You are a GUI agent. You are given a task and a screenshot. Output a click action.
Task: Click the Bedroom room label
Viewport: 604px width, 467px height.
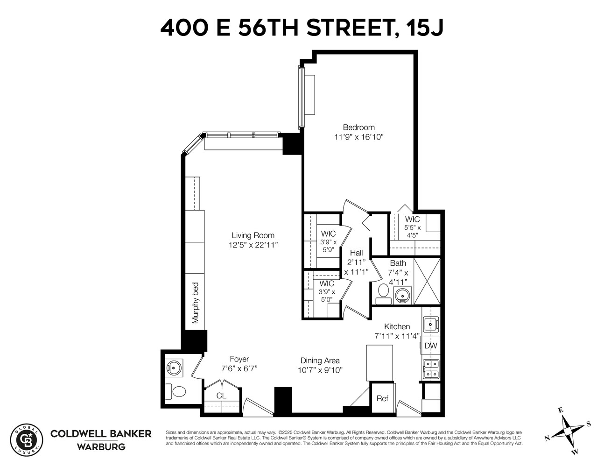[x=358, y=127]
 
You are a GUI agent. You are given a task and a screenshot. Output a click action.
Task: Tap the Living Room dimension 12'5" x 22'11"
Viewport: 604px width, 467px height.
[x=253, y=245]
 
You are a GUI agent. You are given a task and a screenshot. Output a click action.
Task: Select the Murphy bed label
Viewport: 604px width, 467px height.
[x=196, y=303]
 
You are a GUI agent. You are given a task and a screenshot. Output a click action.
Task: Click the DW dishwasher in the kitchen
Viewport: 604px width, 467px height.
[x=430, y=346]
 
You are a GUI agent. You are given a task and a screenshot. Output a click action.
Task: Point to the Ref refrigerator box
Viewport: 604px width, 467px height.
[x=382, y=398]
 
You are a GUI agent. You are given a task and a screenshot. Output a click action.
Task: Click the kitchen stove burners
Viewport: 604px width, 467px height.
[x=430, y=369]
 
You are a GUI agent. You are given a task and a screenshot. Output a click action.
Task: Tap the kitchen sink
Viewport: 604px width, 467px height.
[x=430, y=323]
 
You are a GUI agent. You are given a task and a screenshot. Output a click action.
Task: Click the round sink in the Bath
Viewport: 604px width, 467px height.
[x=401, y=295]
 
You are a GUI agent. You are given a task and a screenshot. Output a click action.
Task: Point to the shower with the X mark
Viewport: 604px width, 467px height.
[x=427, y=281]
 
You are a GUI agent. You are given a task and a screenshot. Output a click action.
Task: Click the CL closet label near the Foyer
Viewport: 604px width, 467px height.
[x=221, y=396]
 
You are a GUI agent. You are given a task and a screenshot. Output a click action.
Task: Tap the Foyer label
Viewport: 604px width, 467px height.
[x=239, y=359]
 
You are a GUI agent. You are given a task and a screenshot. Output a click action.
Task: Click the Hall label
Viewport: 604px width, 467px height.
[x=356, y=253]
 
